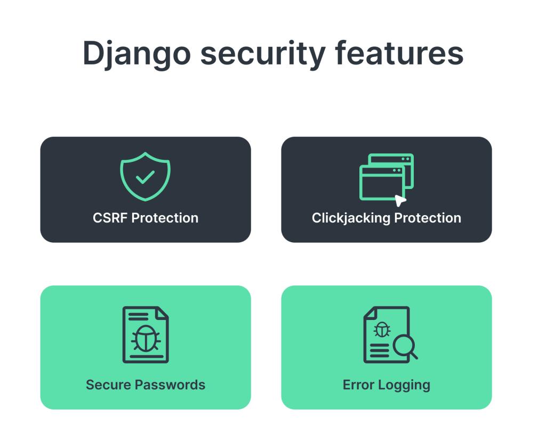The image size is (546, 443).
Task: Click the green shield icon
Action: [x=145, y=176]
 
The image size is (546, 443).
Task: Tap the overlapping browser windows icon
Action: [x=387, y=177]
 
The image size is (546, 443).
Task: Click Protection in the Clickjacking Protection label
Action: [x=428, y=218]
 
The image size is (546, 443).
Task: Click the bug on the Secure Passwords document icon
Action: [x=145, y=338]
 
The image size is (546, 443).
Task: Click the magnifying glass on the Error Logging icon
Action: [x=404, y=348]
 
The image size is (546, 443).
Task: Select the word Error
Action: [x=358, y=385]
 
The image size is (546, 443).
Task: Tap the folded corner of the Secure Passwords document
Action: [x=162, y=313]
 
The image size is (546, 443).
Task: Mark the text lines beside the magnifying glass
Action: [x=379, y=350]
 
